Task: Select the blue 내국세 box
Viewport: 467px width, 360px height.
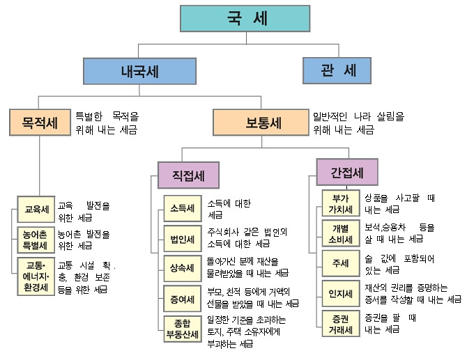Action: click(137, 71)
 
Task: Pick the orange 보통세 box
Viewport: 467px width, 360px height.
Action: click(262, 124)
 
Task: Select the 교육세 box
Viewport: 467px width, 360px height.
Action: click(36, 209)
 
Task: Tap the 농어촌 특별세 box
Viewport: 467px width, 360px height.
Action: click(36, 240)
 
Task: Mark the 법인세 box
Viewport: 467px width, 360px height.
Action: click(183, 238)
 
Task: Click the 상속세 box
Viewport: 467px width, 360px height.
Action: click(183, 267)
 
